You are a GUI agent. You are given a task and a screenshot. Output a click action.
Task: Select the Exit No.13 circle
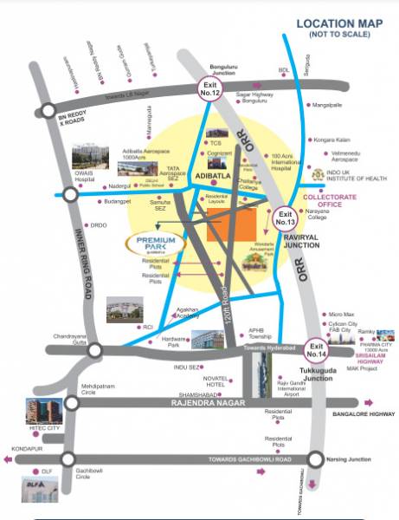286,218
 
